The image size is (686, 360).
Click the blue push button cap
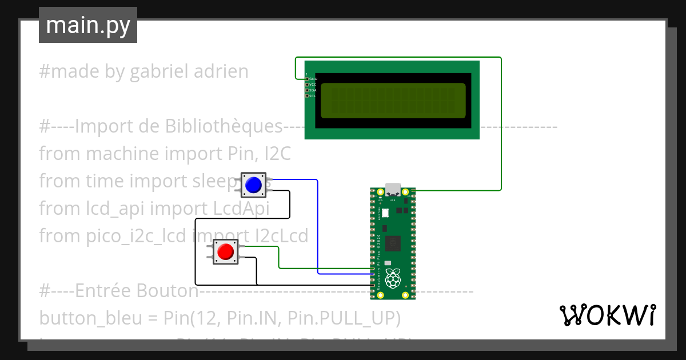click(253, 185)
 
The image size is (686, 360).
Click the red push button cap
click(225, 251)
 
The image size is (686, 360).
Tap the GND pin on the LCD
click(307, 79)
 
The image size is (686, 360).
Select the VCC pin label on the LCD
click(313, 85)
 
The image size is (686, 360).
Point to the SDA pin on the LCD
click(307, 90)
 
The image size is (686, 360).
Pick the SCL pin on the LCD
click(307, 96)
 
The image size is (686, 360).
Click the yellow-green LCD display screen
click(393, 100)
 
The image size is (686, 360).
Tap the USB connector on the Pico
click(393, 189)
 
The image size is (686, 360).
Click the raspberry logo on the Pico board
click(392, 279)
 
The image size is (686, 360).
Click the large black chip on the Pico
click(393, 244)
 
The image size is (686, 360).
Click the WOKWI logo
click(607, 315)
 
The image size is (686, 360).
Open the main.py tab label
click(88, 25)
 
